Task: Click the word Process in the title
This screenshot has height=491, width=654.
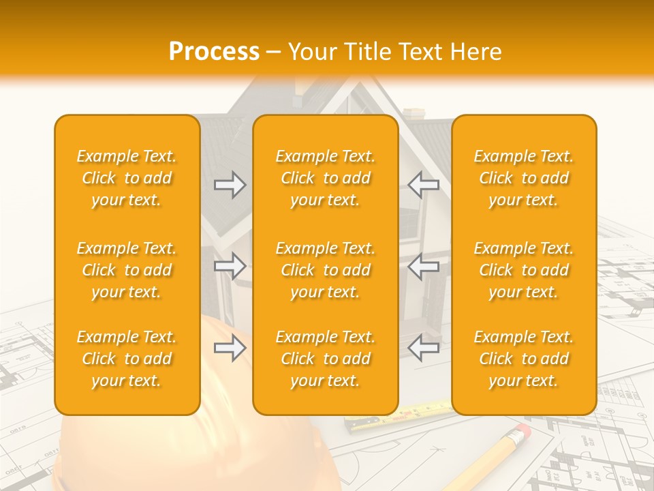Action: pos(214,52)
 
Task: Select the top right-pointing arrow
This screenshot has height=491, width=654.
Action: pos(230,185)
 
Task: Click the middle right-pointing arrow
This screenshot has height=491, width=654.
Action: pos(230,266)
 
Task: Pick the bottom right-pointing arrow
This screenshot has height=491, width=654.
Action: pos(230,348)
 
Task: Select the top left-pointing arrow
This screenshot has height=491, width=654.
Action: pos(423,185)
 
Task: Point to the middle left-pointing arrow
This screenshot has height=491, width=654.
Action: pos(423,266)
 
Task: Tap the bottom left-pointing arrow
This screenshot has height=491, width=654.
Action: pos(423,348)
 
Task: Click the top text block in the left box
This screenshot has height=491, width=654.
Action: pos(127,178)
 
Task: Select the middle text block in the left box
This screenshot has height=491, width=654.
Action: pos(127,270)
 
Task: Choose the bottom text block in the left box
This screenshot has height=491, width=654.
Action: pos(127,359)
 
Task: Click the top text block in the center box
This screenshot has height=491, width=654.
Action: pos(326,178)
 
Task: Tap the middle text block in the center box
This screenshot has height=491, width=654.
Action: pos(326,270)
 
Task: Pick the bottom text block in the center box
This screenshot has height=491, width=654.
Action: pos(326,359)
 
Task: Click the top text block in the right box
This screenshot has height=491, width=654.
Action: pos(524,178)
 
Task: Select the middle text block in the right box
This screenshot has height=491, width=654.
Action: pos(524,270)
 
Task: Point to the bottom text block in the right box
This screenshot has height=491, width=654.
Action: pos(524,359)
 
